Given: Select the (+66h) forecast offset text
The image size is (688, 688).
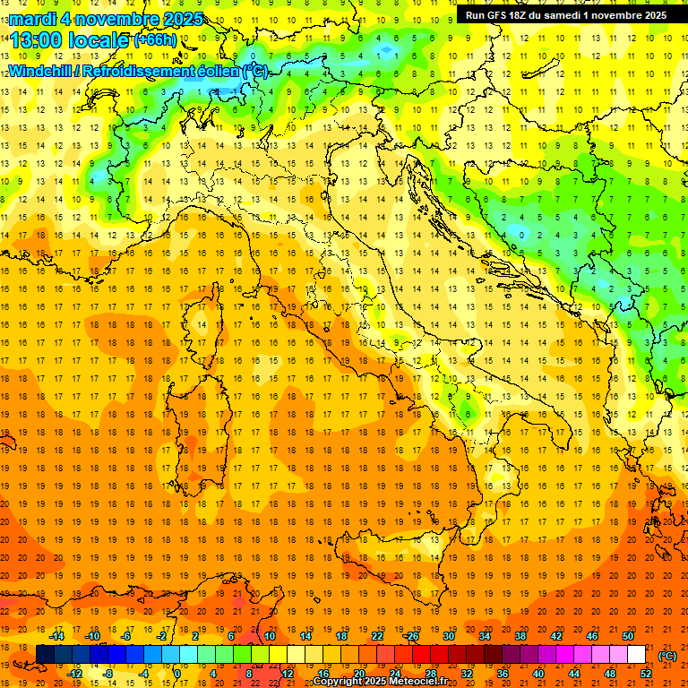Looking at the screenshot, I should [x=155, y=39].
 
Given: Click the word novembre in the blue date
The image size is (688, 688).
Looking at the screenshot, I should [x=119, y=19].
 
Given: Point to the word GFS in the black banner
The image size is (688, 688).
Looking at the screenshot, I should [x=503, y=15].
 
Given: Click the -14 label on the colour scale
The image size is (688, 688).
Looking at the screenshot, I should [x=56, y=636].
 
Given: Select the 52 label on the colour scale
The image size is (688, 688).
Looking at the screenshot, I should [x=645, y=673].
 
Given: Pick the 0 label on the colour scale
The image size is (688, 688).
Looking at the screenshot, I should [x=177, y=673].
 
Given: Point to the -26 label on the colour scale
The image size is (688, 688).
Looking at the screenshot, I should [x=411, y=636].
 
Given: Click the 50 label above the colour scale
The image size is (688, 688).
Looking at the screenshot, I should [x=628, y=636].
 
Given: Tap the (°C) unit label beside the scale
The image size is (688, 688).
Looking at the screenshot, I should [x=666, y=655].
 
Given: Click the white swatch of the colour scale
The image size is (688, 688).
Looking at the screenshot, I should [x=636, y=655].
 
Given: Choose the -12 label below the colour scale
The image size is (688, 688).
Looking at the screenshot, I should [x=75, y=673].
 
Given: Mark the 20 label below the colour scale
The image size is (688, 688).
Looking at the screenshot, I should [x=358, y=673].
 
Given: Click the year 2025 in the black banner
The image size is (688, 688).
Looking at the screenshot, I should [x=649, y=15].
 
